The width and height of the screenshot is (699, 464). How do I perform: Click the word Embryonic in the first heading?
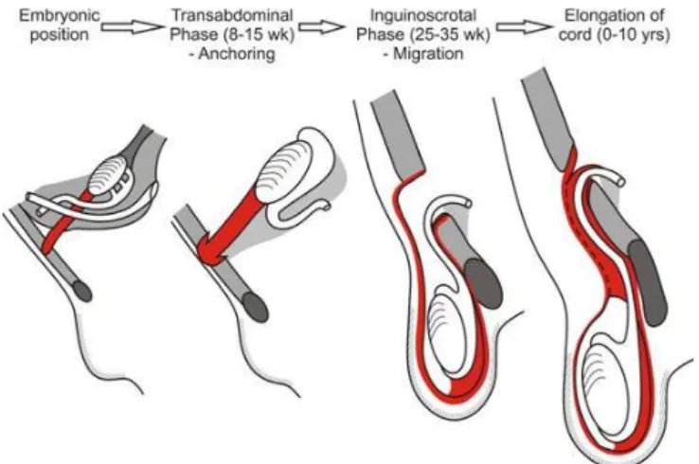pyautogui.click(x=60, y=15)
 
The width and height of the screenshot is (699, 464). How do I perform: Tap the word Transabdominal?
pyautogui.click(x=232, y=15)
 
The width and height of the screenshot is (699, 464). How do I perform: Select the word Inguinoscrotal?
pyautogui.click(x=423, y=15)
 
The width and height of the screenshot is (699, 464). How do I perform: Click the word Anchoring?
pyautogui.click(x=237, y=53)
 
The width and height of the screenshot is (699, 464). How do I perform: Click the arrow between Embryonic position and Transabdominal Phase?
pyautogui.click(x=133, y=27)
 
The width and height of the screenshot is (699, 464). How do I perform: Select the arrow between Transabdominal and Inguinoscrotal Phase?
pyautogui.click(x=322, y=27)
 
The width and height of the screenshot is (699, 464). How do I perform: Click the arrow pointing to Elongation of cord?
pyautogui.click(x=524, y=27)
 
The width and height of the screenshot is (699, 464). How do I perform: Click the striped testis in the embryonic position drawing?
pyautogui.click(x=107, y=174)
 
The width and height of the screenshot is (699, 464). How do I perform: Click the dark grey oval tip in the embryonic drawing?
pyautogui.click(x=81, y=291)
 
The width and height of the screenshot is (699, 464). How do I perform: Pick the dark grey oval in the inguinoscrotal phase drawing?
pyautogui.click(x=484, y=284)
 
